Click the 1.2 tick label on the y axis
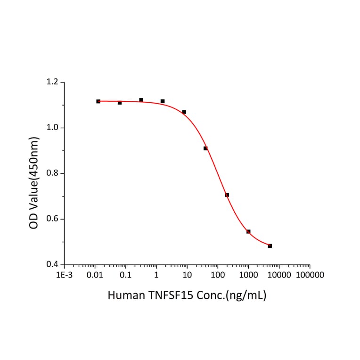pos(53,82)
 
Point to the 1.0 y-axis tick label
pos(53,128)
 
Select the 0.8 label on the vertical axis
pos(53,173)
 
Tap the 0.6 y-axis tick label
pos(53,219)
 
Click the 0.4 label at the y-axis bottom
pos(53,264)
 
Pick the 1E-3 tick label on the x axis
pos(65,275)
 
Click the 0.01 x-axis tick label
pos(95,275)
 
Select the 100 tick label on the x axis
pos(218,275)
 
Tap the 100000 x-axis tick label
pos(310,275)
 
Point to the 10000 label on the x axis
pos(279,275)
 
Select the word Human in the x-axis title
pos(123,295)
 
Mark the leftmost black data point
pos(98,101)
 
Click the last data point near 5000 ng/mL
pos(270,246)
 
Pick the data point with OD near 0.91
pos(205,148)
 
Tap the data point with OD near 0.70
pos(227,195)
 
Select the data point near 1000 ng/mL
pos(248,232)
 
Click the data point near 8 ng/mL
pos(184,112)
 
